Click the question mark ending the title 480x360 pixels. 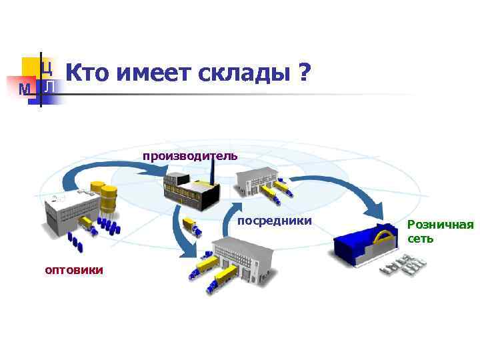(x=305, y=73)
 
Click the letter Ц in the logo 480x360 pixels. (x=46, y=67)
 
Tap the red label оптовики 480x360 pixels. (x=73, y=269)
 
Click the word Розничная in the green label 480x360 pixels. (x=441, y=225)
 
